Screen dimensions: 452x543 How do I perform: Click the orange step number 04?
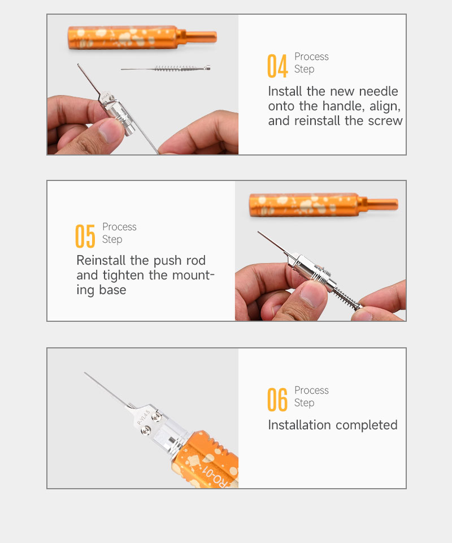[x=277, y=66]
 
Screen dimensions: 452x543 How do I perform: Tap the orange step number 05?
[x=85, y=236]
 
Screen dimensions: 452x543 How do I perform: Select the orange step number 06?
[x=277, y=400]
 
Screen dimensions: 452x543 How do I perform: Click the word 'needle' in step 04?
[x=379, y=92]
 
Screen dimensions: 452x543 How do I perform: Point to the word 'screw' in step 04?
[x=385, y=121]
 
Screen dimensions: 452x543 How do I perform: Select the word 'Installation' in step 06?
[x=299, y=425]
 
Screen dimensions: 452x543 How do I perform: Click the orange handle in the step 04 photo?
[x=142, y=37]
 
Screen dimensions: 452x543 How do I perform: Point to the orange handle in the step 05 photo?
[x=323, y=205]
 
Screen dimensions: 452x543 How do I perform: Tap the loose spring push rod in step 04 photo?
[x=166, y=68]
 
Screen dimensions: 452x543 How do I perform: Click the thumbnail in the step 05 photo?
[x=312, y=294]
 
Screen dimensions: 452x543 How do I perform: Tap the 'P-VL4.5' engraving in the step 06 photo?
[x=144, y=417]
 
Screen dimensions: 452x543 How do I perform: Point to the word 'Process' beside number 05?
[x=119, y=227]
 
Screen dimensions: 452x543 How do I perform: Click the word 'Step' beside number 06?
[x=305, y=403]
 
